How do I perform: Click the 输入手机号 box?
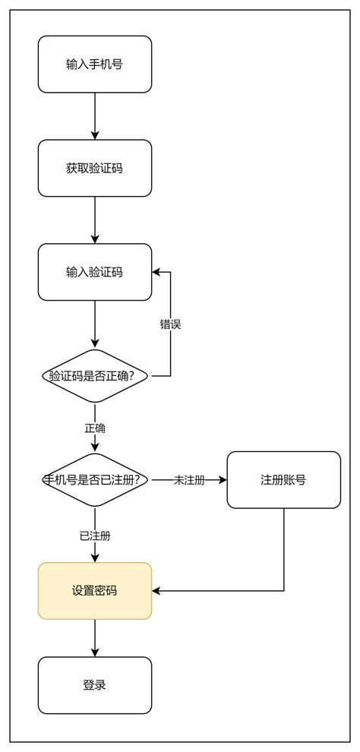[95, 65]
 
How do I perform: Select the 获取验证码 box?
[95, 168]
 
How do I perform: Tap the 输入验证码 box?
[95, 272]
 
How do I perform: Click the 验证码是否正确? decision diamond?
[95, 376]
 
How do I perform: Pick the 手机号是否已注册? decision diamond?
[95, 480]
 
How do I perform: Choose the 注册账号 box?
[283, 480]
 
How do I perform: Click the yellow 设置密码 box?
[95, 590]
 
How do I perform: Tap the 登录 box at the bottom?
[95, 685]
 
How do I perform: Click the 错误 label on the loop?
[170, 324]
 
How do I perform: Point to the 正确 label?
[95, 428]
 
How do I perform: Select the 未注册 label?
[189, 480]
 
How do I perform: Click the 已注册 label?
[95, 536]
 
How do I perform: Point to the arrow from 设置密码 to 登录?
[95, 638]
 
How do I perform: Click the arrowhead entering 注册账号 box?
[223, 480]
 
